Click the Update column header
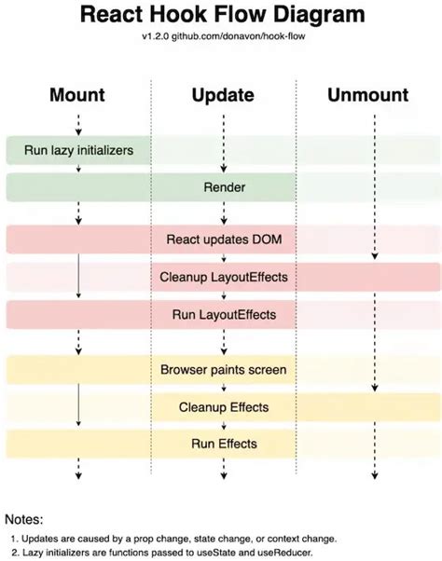click(224, 94)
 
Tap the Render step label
click(224, 187)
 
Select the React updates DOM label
click(224, 239)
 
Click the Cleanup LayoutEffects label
click(224, 277)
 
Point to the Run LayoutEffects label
click(224, 314)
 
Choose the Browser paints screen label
click(224, 370)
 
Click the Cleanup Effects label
click(224, 407)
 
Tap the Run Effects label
click(224, 444)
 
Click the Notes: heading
click(25, 518)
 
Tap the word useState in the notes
click(218, 554)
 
